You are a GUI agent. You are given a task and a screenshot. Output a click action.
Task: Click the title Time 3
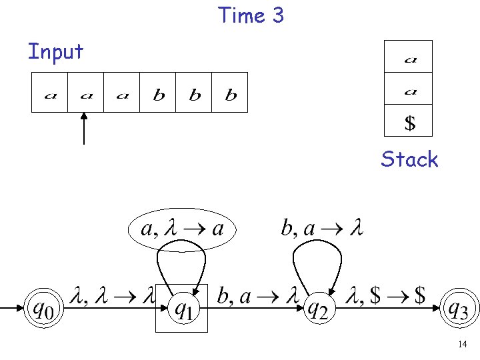point(251,15)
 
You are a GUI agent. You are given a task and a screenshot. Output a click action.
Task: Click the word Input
point(55,51)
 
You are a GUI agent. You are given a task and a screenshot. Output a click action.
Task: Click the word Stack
point(409,159)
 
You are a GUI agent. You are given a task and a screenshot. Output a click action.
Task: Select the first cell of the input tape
point(50,93)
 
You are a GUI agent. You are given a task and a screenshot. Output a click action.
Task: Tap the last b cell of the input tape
point(231,93)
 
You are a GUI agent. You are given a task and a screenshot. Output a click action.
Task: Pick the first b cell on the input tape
point(159,93)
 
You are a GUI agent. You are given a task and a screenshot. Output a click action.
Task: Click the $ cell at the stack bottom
point(409,123)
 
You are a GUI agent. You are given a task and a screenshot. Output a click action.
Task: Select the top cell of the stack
point(409,59)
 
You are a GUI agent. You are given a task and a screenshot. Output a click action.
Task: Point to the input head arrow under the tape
point(84,128)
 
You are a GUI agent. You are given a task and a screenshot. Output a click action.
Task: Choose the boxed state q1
point(182,309)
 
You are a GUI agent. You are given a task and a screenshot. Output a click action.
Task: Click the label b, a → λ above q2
point(321,229)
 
